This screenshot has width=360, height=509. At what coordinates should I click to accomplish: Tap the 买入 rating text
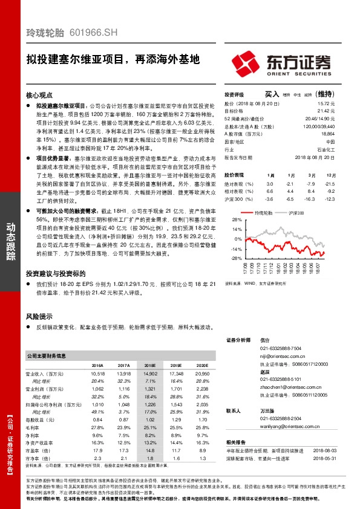(271, 94)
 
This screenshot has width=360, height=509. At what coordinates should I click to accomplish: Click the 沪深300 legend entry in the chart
(296, 213)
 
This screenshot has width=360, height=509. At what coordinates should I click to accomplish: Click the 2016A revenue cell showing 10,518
(97, 375)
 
